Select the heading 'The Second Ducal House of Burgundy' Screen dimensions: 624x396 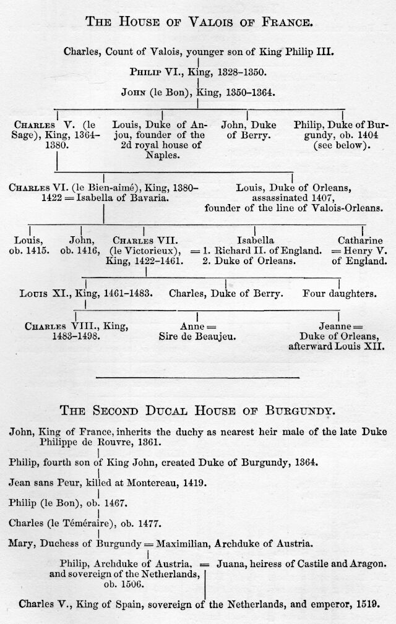(198, 410)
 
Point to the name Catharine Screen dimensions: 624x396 (360, 240)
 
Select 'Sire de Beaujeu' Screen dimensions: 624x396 (198, 337)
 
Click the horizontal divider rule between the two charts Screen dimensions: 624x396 (197, 377)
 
